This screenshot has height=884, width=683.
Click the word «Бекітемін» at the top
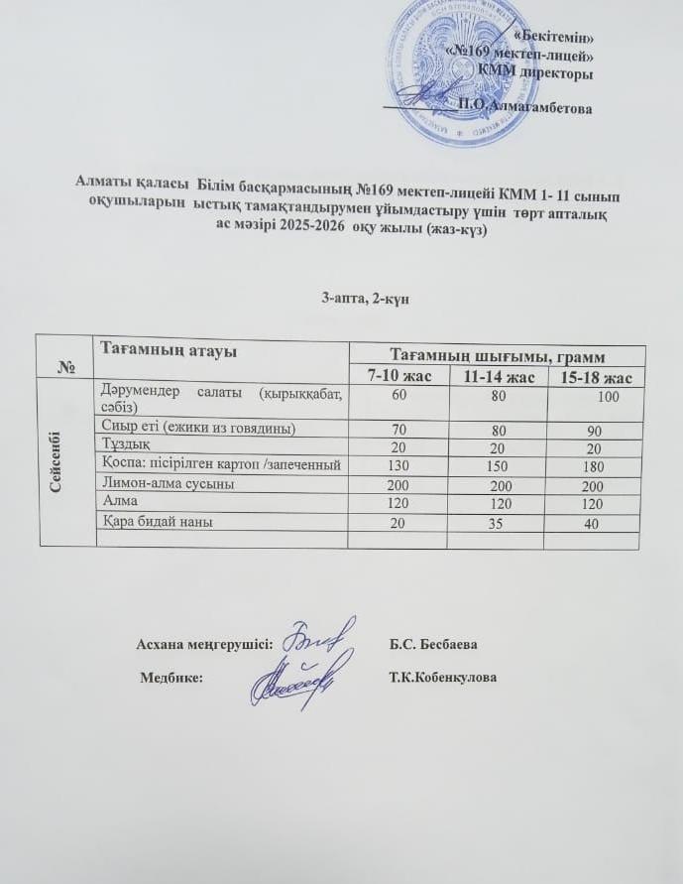[x=558, y=38]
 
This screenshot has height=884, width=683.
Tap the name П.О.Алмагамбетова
[x=524, y=107]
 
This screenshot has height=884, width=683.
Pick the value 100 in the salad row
[x=607, y=397]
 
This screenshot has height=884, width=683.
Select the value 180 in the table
[x=594, y=464]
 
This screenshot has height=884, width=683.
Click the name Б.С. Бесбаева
[x=435, y=645]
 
